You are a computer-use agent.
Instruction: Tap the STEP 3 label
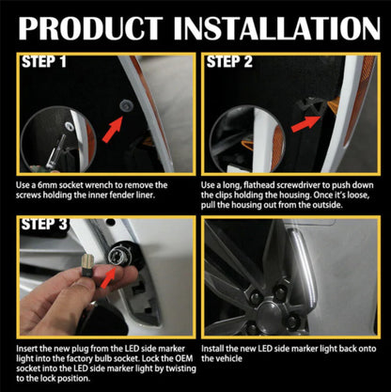[x=43, y=227]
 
